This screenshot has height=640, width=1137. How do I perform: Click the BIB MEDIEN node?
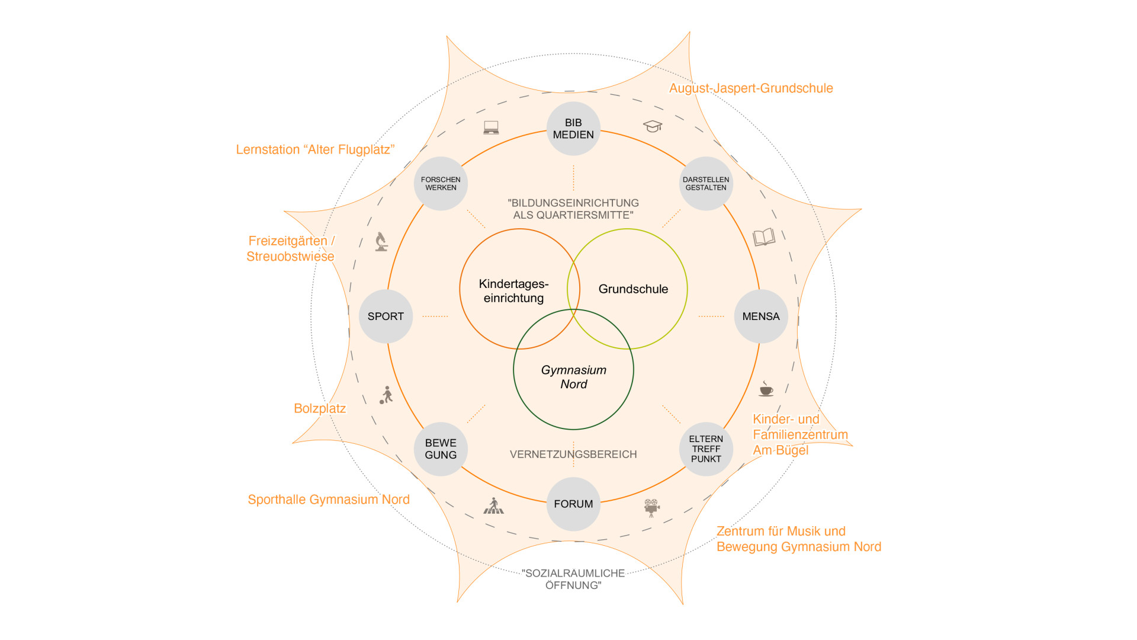click(573, 129)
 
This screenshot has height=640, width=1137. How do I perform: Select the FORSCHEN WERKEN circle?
click(441, 184)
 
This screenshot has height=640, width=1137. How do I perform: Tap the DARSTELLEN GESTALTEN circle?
click(706, 184)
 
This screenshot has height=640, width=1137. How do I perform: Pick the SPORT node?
click(386, 316)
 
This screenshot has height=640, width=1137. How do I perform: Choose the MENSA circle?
click(761, 316)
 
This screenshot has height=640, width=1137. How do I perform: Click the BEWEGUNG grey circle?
click(441, 449)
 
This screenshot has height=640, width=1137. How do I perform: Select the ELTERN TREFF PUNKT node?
click(706, 449)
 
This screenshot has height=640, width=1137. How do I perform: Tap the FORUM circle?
click(573, 504)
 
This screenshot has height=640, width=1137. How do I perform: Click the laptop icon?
click(491, 127)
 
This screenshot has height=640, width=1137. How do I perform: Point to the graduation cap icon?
click(653, 126)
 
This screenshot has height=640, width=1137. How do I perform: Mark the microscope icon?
click(381, 242)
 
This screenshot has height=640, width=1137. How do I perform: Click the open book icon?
click(764, 237)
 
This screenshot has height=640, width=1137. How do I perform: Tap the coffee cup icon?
click(766, 389)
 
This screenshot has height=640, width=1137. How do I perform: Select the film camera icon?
click(651, 507)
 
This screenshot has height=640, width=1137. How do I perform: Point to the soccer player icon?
click(387, 395)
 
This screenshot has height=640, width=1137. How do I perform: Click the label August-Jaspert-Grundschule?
click(751, 88)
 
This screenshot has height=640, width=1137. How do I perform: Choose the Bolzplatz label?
click(320, 408)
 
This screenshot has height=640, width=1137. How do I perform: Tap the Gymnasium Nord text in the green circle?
click(573, 377)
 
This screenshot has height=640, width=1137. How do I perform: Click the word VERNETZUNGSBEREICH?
click(573, 455)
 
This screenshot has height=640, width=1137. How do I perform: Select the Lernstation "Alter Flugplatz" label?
click(315, 150)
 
